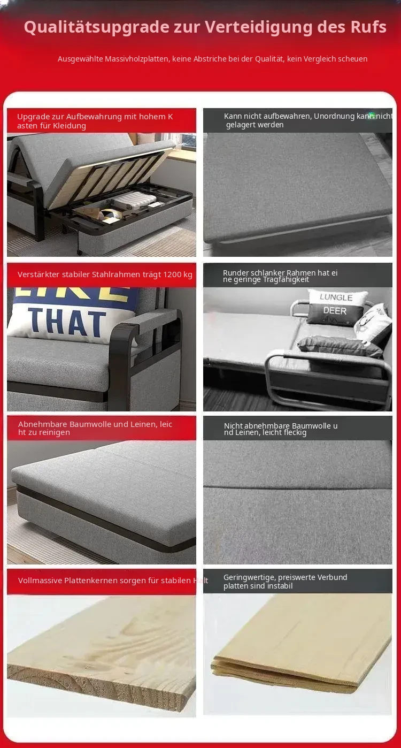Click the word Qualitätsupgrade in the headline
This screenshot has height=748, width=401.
[96, 27]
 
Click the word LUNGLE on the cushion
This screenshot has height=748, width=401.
[336, 297]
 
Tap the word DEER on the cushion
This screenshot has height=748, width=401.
[335, 311]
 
